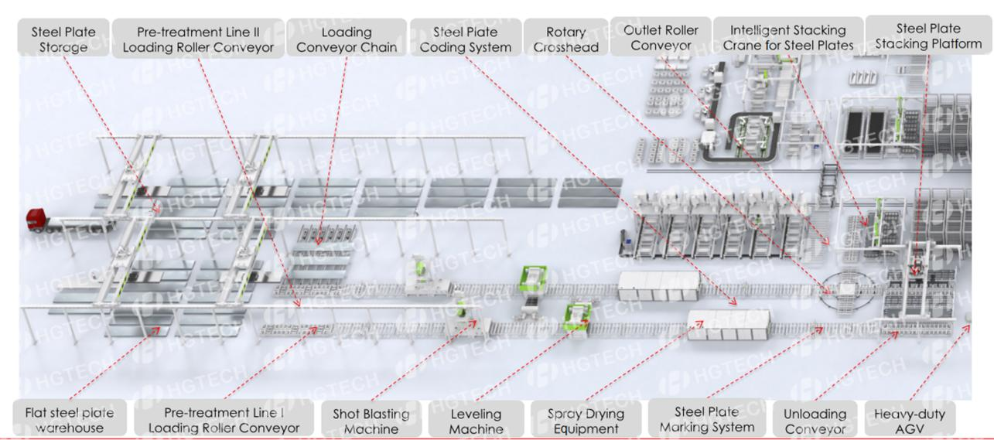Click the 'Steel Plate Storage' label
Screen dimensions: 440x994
63,38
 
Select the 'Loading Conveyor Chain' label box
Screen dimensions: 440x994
347,39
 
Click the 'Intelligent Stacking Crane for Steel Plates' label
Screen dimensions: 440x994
787,37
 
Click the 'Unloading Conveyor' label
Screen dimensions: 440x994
809,420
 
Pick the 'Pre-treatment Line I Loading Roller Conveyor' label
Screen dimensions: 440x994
224,420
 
